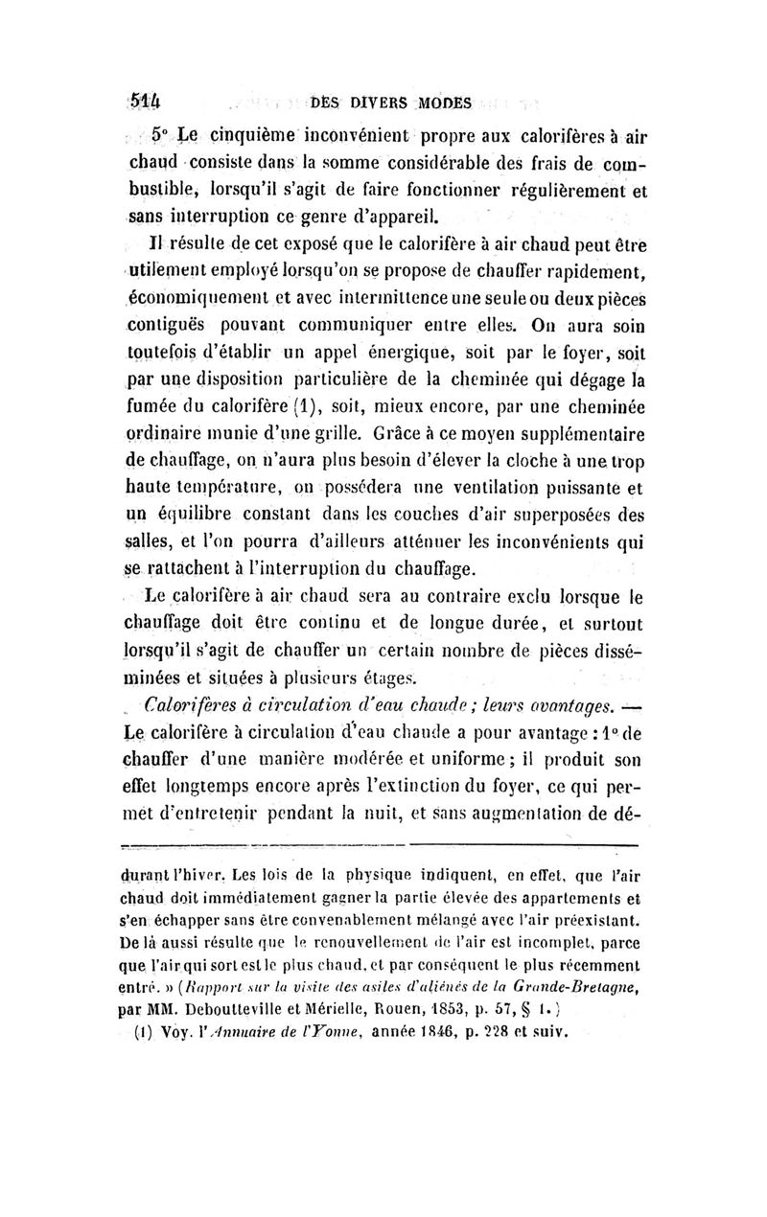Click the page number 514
(x=145, y=101)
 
